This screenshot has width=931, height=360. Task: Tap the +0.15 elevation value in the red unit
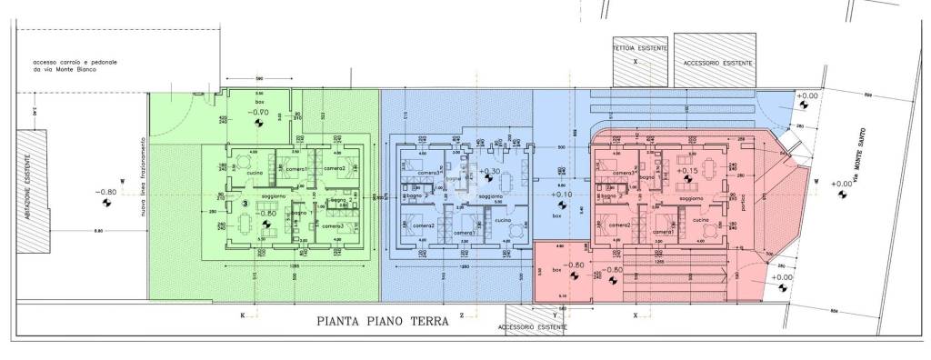tap(688, 170)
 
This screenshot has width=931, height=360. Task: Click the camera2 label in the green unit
tap(333, 170)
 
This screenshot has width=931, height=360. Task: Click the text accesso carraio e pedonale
tap(75, 61)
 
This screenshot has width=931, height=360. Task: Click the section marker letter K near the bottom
tap(243, 315)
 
